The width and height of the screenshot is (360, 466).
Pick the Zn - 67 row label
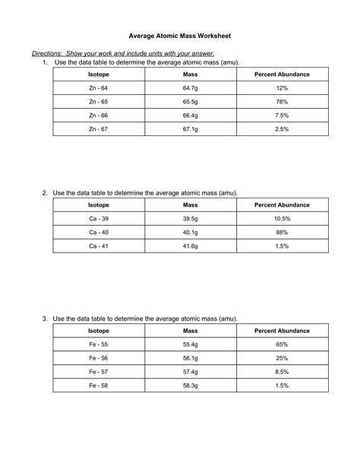pos(97,129)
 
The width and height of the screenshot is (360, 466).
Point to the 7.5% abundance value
pos(282,116)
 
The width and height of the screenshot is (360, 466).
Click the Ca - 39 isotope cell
pos(97,219)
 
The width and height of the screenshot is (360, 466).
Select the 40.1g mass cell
pos(191,233)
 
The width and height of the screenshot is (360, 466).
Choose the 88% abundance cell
pos(282,233)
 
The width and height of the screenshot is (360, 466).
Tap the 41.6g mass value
pos(191,246)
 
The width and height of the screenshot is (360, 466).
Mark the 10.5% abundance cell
pos(282,219)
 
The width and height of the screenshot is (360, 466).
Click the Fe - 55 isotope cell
pos(97,344)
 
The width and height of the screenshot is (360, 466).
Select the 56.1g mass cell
pos(191,358)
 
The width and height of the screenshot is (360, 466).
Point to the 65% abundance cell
pos(282,344)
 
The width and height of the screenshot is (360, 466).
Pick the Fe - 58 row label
pos(97,385)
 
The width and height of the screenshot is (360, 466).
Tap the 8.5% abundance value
pos(282,372)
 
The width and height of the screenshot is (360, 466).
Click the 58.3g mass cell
pos(191,385)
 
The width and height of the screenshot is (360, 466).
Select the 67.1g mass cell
pos(191,129)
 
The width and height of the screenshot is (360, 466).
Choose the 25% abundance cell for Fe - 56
pos(282,358)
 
